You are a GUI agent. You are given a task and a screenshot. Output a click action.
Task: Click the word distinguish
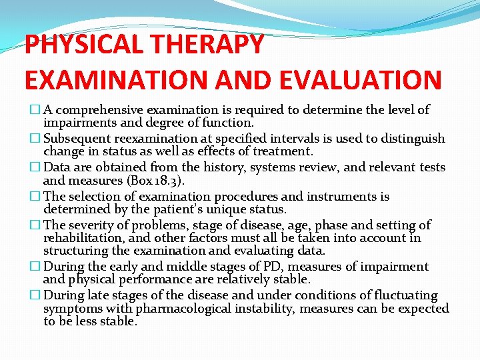point(414,139)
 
